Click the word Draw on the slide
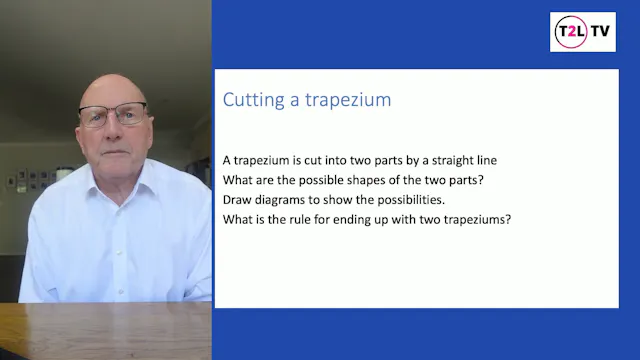pyautogui.click(x=238, y=199)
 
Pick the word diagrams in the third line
pyautogui.click(x=285, y=199)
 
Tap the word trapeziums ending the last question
pyautogui.click(x=476, y=218)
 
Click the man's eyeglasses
pyautogui.click(x=112, y=115)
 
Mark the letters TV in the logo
pyautogui.click(x=601, y=32)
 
